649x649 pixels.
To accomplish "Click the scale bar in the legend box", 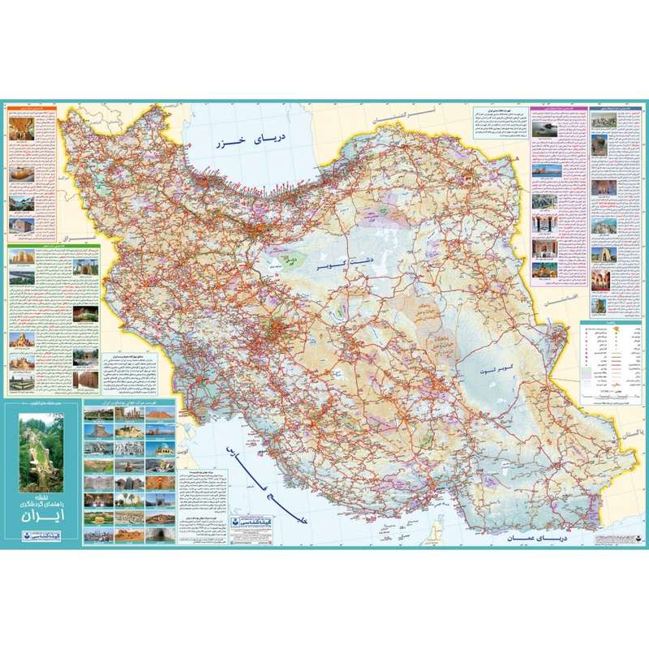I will click(x=604, y=391).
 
